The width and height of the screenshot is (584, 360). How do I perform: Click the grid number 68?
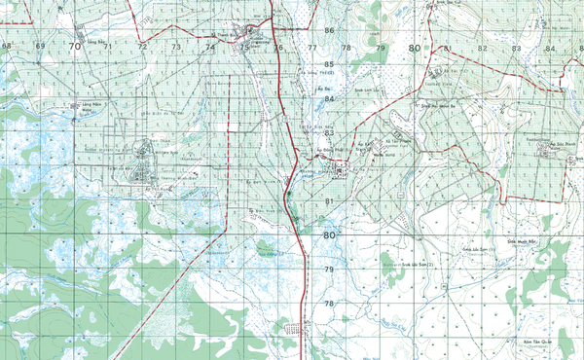pos(8,46)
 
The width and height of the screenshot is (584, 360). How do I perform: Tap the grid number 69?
pos(40,46)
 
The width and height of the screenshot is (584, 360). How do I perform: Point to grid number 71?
pos(109,46)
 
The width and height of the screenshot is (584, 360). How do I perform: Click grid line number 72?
pos(143,46)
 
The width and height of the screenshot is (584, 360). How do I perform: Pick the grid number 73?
pos(176,46)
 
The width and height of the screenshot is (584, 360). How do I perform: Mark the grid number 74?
pos(210,46)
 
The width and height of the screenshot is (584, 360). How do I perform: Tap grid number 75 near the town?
pos(244,47)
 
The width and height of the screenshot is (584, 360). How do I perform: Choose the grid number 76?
pos(278,47)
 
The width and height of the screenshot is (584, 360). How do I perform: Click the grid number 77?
pos(312,47)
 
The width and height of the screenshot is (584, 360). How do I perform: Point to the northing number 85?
pos(329,64)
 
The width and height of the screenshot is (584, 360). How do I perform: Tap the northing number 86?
pos(329,30)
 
